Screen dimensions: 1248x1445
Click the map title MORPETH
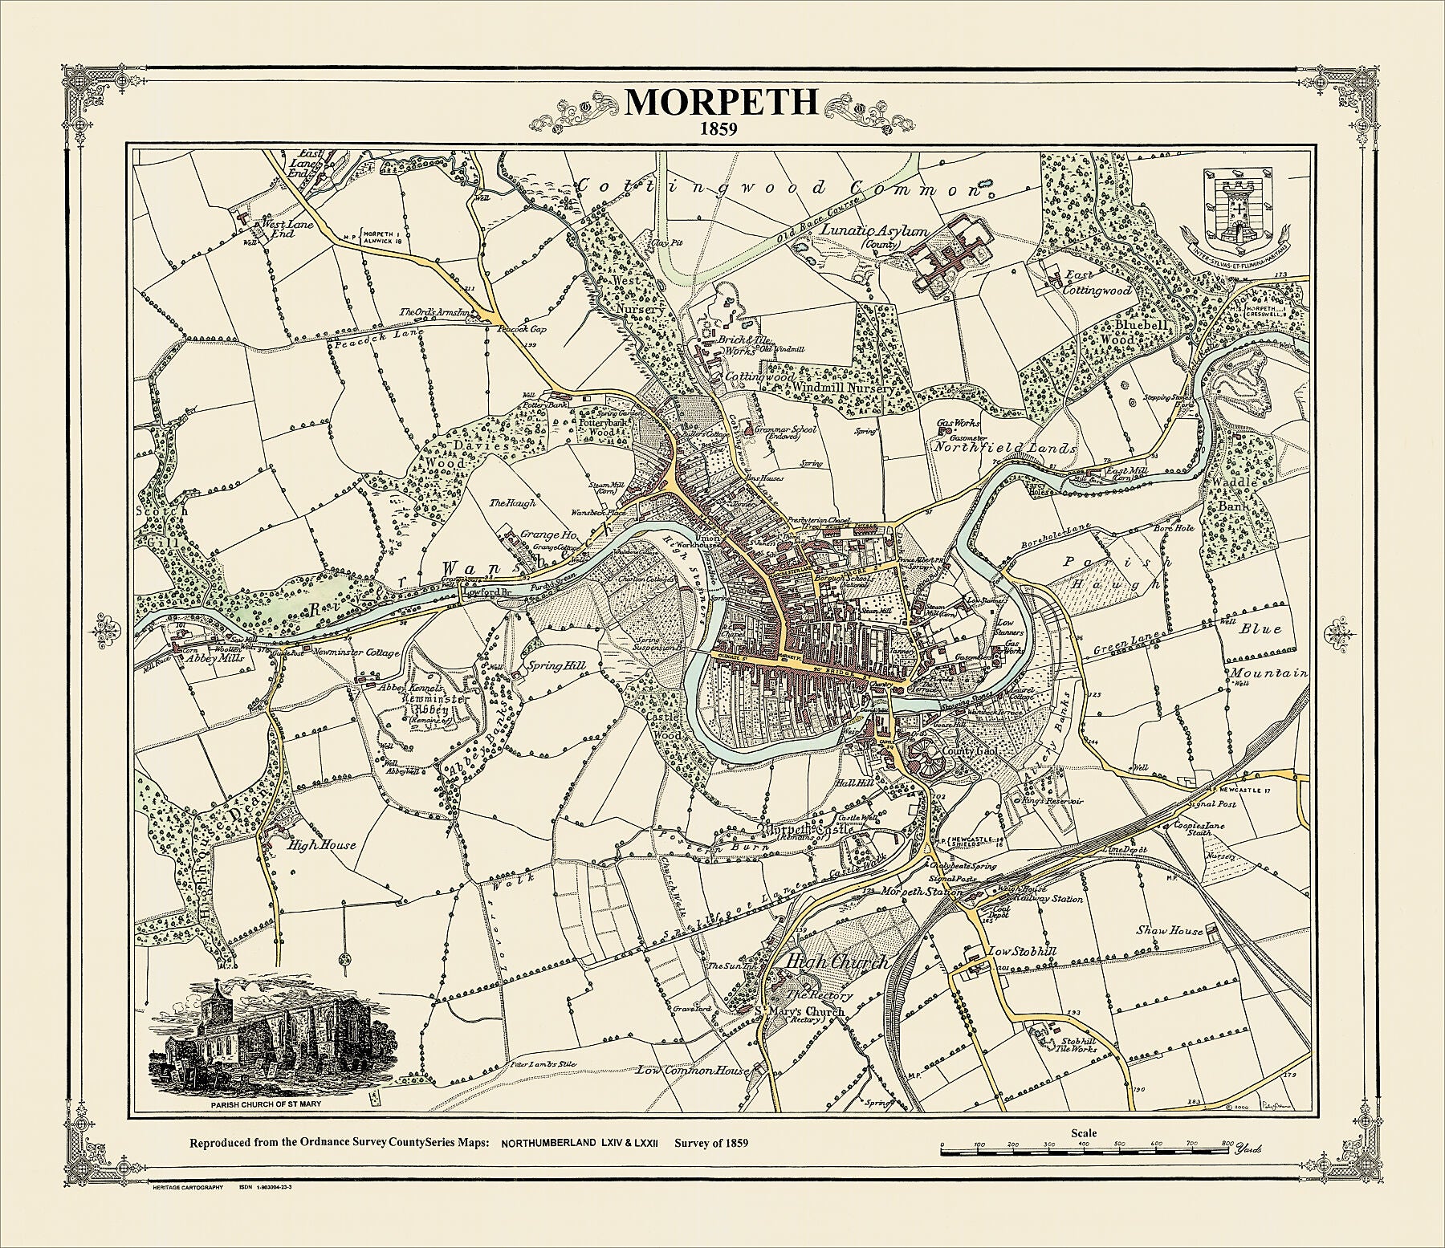[722, 102]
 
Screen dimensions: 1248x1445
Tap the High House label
[311, 845]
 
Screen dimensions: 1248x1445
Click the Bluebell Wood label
[1144, 333]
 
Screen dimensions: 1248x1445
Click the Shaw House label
[1169, 930]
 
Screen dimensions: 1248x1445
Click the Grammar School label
[788, 430]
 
